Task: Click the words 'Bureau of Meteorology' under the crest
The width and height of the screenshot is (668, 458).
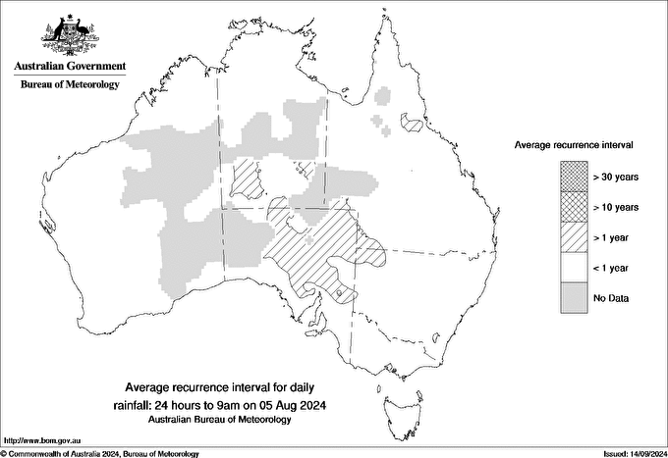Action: [70, 85]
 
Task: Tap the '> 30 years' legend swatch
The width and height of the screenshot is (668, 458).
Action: [572, 177]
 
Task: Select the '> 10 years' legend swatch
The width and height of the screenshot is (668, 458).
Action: [572, 207]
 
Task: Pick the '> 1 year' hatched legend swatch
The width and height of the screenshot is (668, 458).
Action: [572, 237]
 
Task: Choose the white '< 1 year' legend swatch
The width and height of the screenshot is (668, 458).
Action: [572, 268]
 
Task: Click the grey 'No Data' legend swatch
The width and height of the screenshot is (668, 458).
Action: [572, 298]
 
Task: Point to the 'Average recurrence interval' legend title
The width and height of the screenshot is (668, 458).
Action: [573, 144]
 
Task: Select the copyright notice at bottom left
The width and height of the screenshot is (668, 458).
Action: [100, 453]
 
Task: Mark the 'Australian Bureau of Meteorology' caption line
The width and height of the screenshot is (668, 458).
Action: [219, 420]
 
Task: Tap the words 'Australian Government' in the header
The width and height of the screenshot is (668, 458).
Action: [70, 67]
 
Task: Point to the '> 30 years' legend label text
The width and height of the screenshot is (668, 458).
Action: [616, 177]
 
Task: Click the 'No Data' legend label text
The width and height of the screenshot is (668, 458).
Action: [611, 298]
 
